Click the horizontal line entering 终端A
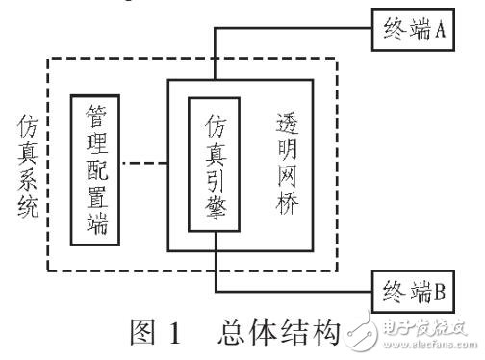tap(289, 29)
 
